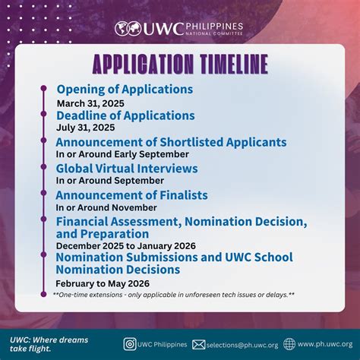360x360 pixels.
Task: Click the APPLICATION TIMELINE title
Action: pyautogui.click(x=180, y=62)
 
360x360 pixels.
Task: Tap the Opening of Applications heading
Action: pyautogui.click(x=125, y=90)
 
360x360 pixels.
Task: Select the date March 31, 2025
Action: pyautogui.click(x=90, y=103)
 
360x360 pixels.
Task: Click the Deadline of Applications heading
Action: pyautogui.click(x=125, y=115)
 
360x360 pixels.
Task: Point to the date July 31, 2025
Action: pyautogui.click(x=85, y=128)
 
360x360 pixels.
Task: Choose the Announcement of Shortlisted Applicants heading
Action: pyautogui.click(x=171, y=142)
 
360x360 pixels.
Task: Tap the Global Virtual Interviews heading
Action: pyautogui.click(x=127, y=169)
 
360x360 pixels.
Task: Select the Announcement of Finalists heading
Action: pyautogui.click(x=131, y=195)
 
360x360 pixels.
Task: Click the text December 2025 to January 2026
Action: pyautogui.click(x=126, y=245)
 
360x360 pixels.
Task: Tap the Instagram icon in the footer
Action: pyautogui.click(x=130, y=343)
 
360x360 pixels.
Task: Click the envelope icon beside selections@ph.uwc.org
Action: pyautogui.click(x=198, y=344)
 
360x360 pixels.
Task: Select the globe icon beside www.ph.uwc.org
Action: pyautogui.click(x=289, y=343)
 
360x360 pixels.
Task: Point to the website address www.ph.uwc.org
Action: pyautogui.click(x=325, y=344)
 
